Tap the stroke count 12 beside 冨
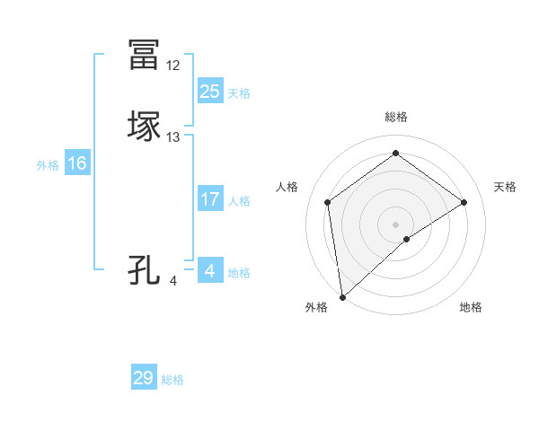click(173, 66)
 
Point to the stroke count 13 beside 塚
click(173, 137)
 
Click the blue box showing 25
click(209, 91)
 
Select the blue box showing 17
click(209, 199)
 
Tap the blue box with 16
click(77, 163)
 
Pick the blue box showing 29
click(144, 378)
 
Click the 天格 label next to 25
click(239, 93)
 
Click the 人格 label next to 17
click(239, 201)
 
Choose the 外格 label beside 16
click(48, 165)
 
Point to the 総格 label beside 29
click(173, 380)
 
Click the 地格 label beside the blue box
click(239, 273)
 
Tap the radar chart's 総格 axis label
click(396, 117)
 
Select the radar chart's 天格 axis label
click(505, 187)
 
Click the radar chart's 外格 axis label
click(316, 308)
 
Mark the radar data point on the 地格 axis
click(407, 239)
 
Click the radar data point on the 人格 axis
click(328, 202)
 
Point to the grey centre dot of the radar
click(396, 224)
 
